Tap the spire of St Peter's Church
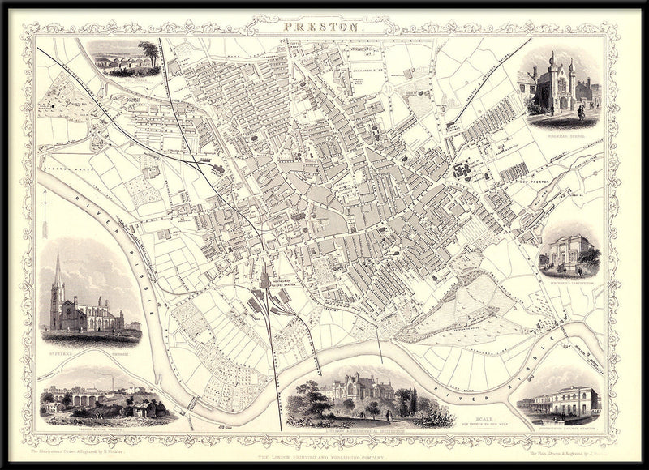pos(58,267)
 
